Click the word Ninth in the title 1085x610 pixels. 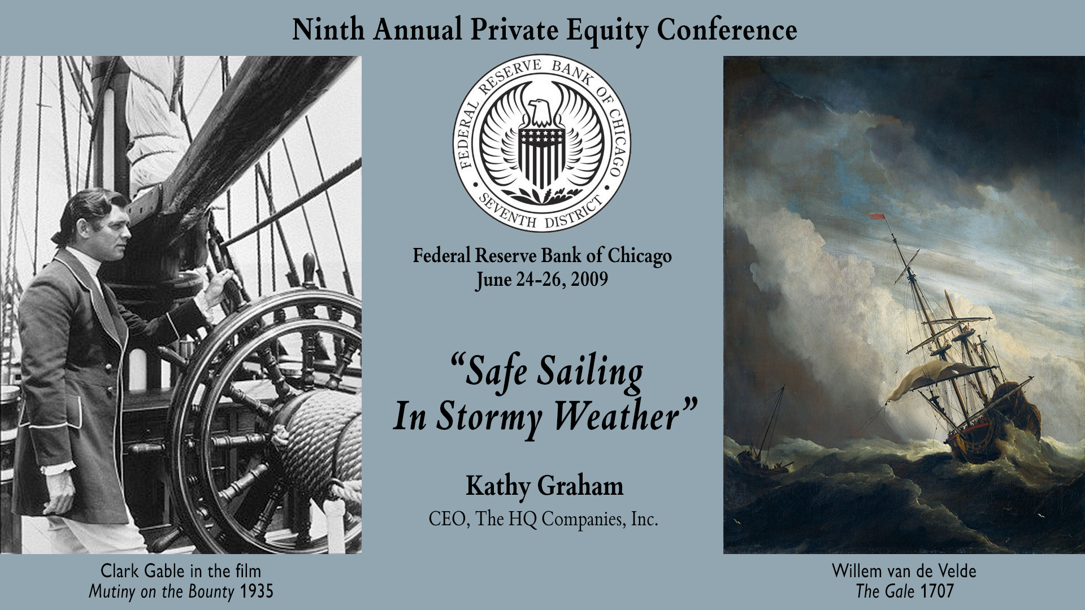click(x=328, y=29)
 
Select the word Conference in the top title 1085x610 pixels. click(x=727, y=29)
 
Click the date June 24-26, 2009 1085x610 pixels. click(x=542, y=280)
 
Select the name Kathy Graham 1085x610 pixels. click(x=544, y=486)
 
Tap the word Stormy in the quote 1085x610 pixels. click(x=490, y=417)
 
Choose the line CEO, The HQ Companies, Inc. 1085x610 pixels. click(x=544, y=518)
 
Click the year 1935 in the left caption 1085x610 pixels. click(x=257, y=591)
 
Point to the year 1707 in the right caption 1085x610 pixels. click(x=936, y=591)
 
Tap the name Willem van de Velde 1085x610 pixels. click(x=904, y=571)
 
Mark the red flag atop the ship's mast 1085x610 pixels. click(x=876, y=216)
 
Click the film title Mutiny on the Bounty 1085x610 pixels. click(x=161, y=592)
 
